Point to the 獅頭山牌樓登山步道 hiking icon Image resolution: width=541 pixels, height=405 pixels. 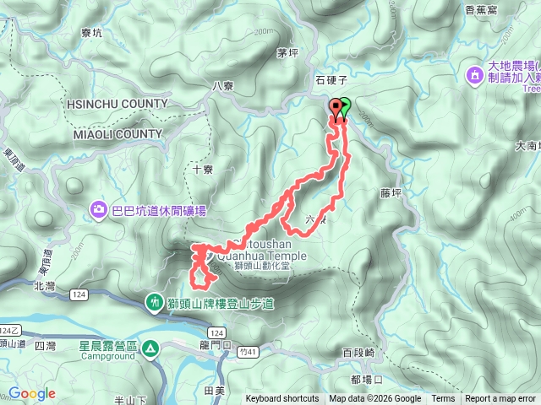coord(154,301)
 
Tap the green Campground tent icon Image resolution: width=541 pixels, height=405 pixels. coord(150,347)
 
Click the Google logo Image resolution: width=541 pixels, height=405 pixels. coord(32,393)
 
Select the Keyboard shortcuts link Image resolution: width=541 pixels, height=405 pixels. coord(282,399)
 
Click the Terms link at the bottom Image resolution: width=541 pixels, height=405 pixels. coord(443,399)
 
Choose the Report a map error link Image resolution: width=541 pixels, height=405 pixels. coord(500,399)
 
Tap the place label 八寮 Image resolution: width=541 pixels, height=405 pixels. coord(223,85)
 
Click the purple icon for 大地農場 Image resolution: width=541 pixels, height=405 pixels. coord(476,76)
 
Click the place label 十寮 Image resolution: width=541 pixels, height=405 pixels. coord(203,169)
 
